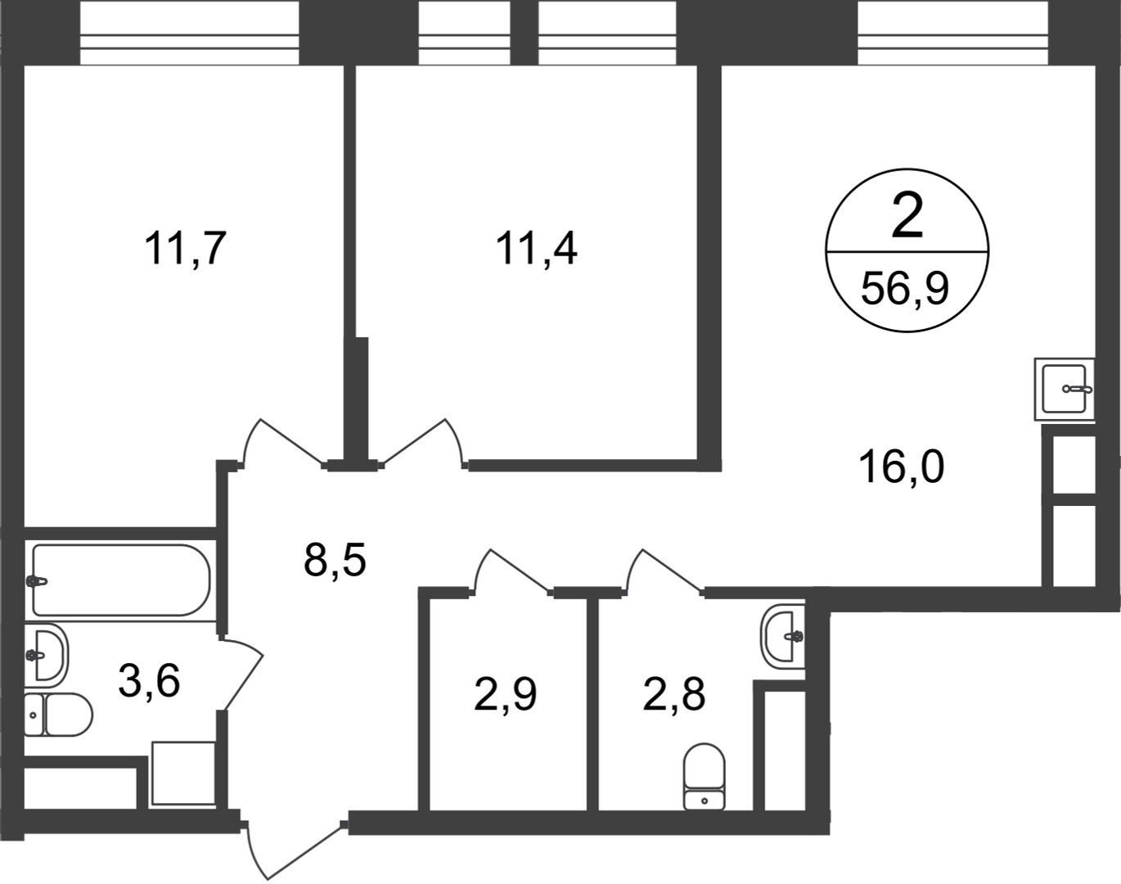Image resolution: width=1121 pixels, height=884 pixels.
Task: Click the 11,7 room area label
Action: click(x=185, y=249)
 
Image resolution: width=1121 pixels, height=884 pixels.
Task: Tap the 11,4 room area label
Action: click(x=536, y=249)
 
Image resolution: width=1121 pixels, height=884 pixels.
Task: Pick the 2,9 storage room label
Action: click(x=505, y=694)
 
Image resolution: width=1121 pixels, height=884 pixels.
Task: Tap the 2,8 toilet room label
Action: click(x=674, y=694)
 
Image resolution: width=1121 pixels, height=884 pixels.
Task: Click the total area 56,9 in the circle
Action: click(x=905, y=289)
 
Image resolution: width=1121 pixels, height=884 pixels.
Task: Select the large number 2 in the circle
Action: click(x=907, y=214)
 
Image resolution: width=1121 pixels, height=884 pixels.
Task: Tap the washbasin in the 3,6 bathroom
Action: click(x=47, y=655)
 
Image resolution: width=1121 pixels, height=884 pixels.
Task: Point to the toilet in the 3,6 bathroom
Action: click(x=58, y=715)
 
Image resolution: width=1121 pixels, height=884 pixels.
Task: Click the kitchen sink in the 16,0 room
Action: click(x=1065, y=389)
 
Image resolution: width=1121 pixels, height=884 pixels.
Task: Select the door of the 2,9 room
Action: click(x=512, y=571)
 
